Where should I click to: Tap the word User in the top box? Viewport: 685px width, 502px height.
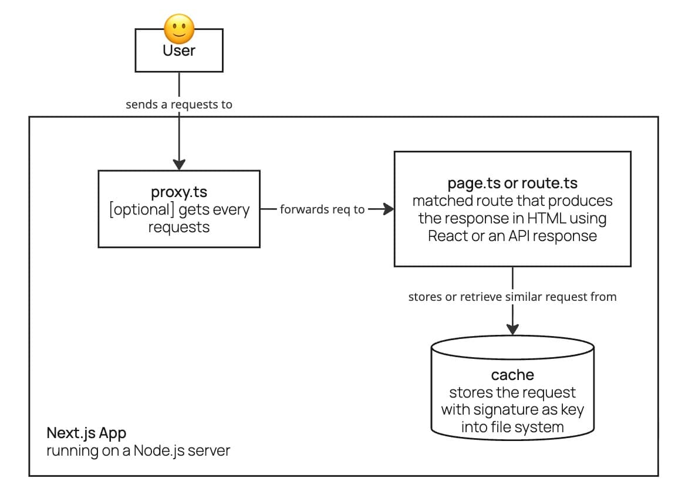[x=179, y=50]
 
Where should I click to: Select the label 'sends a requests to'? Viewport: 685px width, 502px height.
[x=179, y=104]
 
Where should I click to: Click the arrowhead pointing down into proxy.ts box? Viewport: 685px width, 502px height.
[x=179, y=164]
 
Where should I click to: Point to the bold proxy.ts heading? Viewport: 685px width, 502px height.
[x=179, y=192]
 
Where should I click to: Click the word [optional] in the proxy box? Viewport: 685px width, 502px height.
[x=139, y=209]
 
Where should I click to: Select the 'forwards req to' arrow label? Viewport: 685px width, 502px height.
[x=322, y=209]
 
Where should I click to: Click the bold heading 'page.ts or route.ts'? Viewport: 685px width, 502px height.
[x=512, y=183]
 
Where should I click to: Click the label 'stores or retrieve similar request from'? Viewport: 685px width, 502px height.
[x=512, y=297]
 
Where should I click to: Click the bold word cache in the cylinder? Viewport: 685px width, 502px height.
[x=512, y=375]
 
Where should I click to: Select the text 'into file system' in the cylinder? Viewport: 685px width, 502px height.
[x=512, y=427]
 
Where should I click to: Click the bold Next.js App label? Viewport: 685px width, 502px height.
[x=86, y=433]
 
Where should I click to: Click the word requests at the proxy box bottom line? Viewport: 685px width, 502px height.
[x=179, y=227]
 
